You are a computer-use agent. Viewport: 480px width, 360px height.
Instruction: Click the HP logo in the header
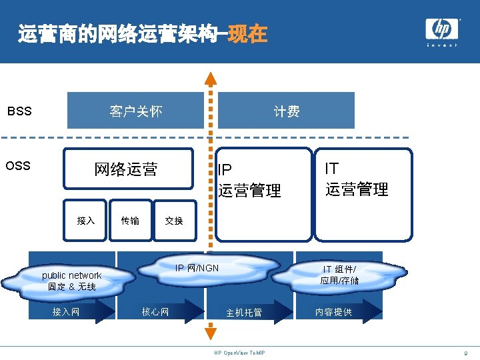442,30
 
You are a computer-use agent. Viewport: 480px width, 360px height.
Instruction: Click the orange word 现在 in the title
247,33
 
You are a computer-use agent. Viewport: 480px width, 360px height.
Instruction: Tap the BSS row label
19,111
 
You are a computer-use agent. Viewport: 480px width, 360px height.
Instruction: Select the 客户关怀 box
136,111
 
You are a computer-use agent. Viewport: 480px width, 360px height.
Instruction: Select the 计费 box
287,111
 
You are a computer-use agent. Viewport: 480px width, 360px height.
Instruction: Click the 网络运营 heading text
126,169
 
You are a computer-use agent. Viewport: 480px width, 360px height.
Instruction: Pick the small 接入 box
86,221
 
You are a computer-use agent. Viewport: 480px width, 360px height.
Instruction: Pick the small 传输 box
130,221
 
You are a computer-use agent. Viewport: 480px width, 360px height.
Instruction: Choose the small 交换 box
174,221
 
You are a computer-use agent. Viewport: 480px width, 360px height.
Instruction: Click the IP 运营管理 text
249,181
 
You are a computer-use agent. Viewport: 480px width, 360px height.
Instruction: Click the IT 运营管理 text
357,179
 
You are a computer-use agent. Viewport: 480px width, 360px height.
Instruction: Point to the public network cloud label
71,281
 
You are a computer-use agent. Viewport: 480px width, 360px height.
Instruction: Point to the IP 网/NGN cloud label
197,268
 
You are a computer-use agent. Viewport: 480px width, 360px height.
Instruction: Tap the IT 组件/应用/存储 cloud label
339,275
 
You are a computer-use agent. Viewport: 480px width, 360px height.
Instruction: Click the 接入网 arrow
73,311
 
